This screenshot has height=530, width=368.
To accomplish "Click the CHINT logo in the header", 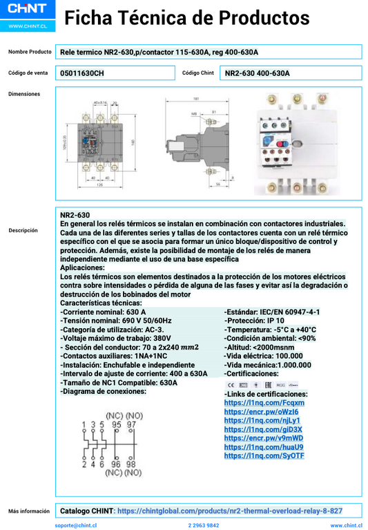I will click(x=27, y=12).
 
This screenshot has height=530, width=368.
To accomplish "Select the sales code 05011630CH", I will click(x=82, y=73).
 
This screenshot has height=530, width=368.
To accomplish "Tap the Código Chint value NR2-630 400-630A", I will click(x=257, y=73).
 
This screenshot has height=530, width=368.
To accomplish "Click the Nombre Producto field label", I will click(x=30, y=52).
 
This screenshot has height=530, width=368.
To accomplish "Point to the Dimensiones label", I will click(x=24, y=94).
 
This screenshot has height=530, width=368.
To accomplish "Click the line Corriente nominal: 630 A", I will click(x=103, y=312).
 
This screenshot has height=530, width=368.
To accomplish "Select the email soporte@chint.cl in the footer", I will click(x=75, y=525).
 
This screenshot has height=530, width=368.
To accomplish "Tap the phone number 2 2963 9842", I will click(x=204, y=525).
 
